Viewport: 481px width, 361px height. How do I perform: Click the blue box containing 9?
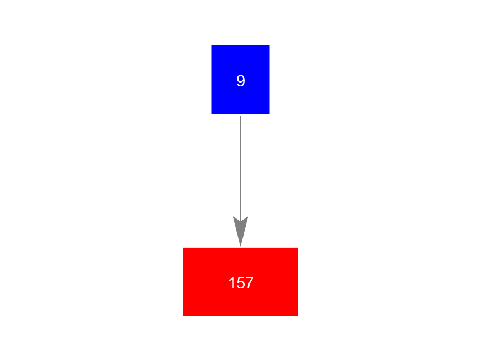pos(241,79)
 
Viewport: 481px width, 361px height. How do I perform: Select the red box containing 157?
pos(241,282)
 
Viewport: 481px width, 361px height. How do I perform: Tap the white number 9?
pos(241,81)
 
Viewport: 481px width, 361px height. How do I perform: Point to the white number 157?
pos(241,283)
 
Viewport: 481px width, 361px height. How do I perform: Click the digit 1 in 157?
pos(231,283)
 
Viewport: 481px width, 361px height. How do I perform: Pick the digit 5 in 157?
pos(241,283)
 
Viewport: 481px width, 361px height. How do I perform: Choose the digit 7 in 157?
pos(250,283)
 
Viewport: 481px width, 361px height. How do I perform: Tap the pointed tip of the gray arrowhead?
pos(241,246)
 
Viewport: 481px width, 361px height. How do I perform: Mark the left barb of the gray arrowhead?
pos(233,217)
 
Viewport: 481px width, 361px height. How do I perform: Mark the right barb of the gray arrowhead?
pos(248,217)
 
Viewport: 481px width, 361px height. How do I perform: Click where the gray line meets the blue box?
pos(241,114)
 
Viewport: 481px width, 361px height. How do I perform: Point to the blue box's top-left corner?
pos(211,45)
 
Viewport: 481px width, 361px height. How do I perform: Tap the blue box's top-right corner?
pos(270,45)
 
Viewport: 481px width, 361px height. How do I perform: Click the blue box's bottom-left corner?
pos(211,114)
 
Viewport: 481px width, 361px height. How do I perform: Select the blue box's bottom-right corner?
pos(270,114)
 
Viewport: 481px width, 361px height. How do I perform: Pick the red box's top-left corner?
pos(183,248)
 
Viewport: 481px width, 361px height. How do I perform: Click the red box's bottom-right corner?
pos(298,316)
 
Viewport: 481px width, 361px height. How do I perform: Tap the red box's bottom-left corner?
pos(183,316)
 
